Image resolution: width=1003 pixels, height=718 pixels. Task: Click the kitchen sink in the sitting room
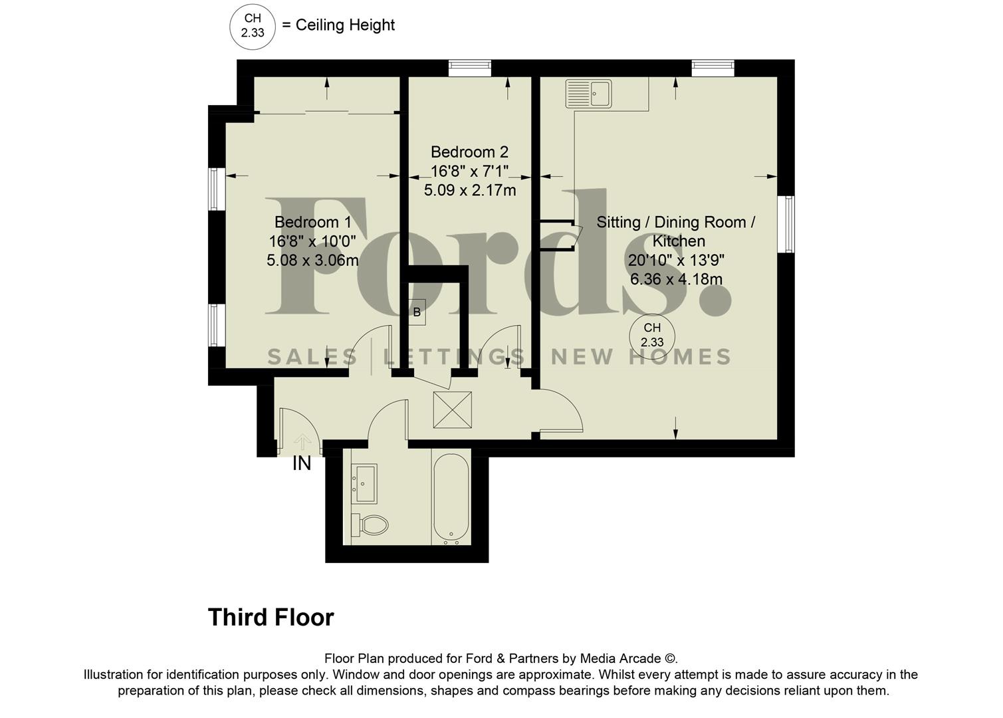point(588,93)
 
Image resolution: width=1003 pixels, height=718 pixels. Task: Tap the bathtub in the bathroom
point(451,496)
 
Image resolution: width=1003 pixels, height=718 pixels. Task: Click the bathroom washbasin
point(365,483)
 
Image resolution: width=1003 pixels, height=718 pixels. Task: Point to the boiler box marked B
point(417,312)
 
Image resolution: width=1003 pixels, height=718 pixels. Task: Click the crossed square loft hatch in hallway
point(452,410)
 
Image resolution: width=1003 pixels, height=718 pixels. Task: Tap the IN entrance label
point(302,463)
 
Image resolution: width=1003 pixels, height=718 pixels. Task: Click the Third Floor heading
point(271,618)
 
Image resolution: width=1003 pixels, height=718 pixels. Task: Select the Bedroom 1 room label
point(312,222)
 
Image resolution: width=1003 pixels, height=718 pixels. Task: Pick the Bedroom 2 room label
point(469,152)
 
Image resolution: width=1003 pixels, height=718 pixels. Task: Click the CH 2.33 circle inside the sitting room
point(651,335)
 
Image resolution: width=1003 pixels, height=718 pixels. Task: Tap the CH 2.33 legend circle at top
point(252,27)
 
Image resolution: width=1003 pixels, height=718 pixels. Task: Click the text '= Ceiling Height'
point(338,25)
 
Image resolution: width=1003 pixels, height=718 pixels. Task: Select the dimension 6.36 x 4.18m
point(676,279)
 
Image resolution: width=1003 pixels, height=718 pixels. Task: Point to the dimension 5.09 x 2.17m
point(469,191)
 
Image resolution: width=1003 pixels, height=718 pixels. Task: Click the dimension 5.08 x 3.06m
point(312,261)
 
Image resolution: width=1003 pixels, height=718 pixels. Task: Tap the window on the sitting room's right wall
point(786,224)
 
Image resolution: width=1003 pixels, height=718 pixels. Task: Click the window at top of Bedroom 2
point(469,65)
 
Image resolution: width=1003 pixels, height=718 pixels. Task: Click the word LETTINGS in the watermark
point(455,358)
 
